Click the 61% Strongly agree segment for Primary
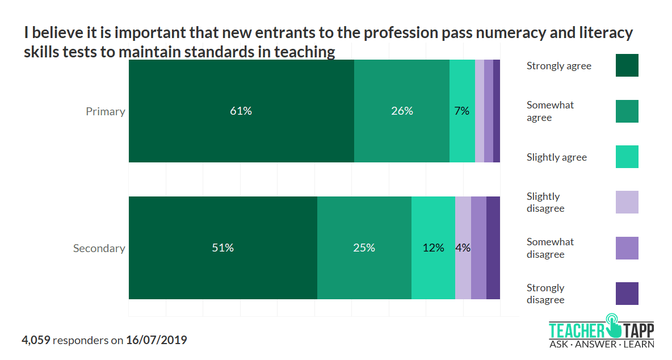click(241, 111)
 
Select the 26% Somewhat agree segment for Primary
click(402, 111)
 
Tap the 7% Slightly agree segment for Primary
click(462, 111)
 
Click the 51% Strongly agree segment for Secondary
click(222, 248)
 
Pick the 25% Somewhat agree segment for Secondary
click(364, 248)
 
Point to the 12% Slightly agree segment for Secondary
click(433, 248)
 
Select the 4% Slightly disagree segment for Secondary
click(463, 248)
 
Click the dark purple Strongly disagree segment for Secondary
click(493, 248)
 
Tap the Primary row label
click(105, 111)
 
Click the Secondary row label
click(99, 248)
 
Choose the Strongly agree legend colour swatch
click(627, 65)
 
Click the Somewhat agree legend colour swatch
click(627, 111)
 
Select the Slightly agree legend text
click(556, 157)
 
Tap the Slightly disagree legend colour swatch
click(627, 202)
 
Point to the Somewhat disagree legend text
click(549, 248)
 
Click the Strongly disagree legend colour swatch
click(627, 294)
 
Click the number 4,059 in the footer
click(36, 340)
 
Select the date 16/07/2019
click(156, 340)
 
